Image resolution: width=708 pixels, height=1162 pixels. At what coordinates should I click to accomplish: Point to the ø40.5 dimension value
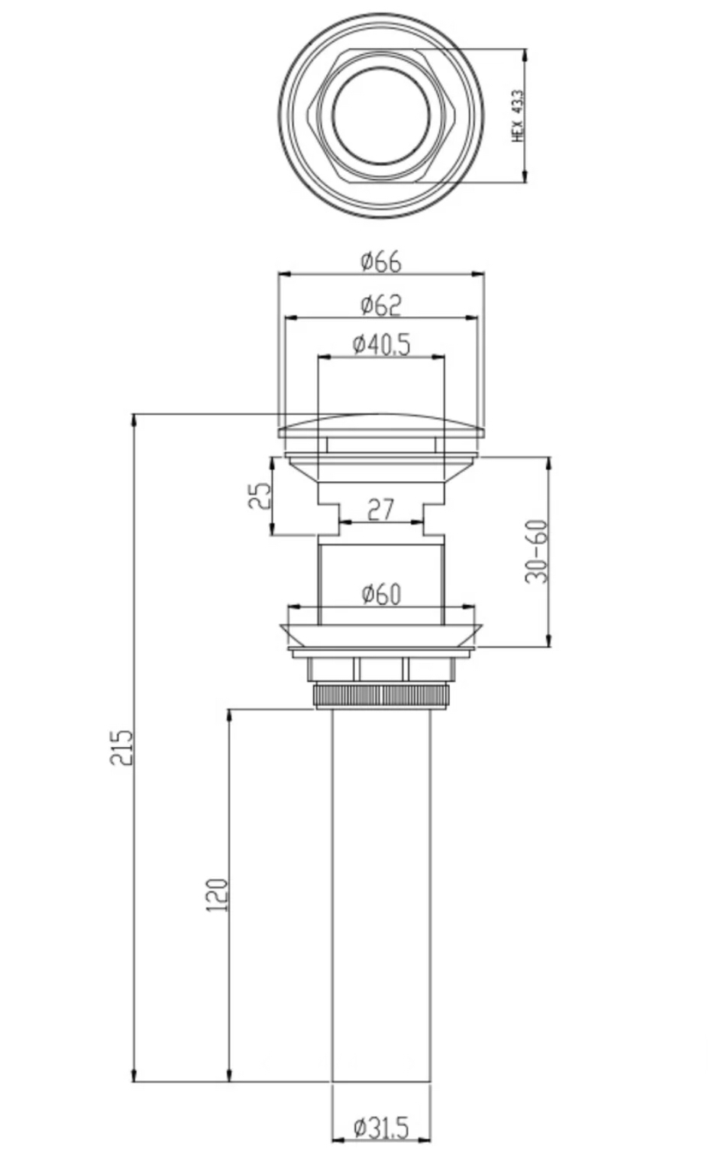(x=381, y=345)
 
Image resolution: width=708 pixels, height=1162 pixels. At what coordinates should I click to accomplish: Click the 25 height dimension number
(x=260, y=496)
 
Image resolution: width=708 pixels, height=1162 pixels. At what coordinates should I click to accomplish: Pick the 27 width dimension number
(x=380, y=510)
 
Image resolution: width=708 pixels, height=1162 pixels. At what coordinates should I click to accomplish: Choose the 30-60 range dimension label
(x=536, y=552)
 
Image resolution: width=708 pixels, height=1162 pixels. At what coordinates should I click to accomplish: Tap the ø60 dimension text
(x=381, y=594)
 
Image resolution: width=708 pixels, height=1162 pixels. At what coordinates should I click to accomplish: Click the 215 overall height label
(x=121, y=747)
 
